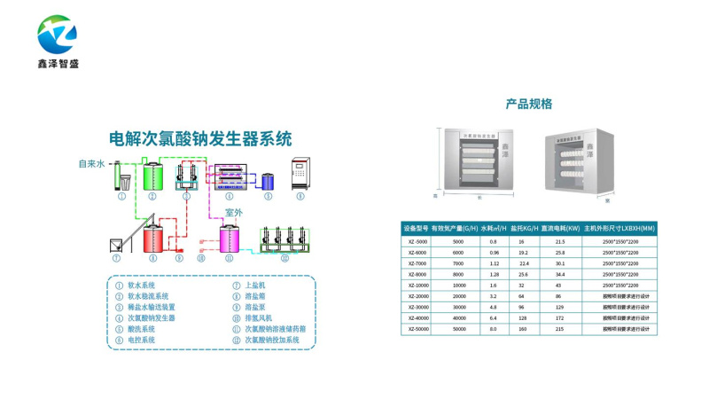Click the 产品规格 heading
pos(529,104)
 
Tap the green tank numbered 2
pos(152,176)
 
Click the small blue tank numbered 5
pos(267,181)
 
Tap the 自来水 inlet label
pos(91,163)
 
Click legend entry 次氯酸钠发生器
pos(152,317)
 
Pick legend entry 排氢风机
pos(260,317)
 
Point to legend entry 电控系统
pos(142,340)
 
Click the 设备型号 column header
pos(416,229)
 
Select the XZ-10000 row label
pos(418,286)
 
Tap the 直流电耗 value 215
pos(559,329)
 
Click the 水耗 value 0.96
pos(494,253)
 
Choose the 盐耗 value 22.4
pos(524,263)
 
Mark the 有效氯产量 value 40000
pos(458,318)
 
